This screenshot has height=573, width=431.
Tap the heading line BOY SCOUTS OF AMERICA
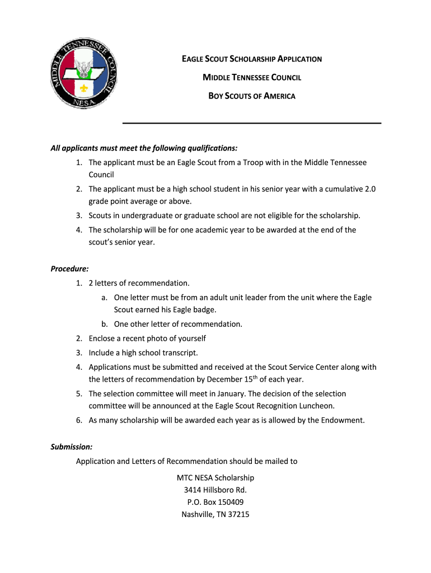(252, 96)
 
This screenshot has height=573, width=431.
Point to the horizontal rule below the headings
(252, 123)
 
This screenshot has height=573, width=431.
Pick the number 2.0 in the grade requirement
(370, 189)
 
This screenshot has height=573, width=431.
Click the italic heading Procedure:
(70, 269)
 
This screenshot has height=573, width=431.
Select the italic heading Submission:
(72, 447)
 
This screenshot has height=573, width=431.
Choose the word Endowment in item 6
(342, 420)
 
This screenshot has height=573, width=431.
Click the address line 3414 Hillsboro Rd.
(215, 490)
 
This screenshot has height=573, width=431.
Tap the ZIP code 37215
(238, 515)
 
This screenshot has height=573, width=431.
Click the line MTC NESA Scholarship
(215, 478)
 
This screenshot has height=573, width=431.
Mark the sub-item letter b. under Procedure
(105, 324)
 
